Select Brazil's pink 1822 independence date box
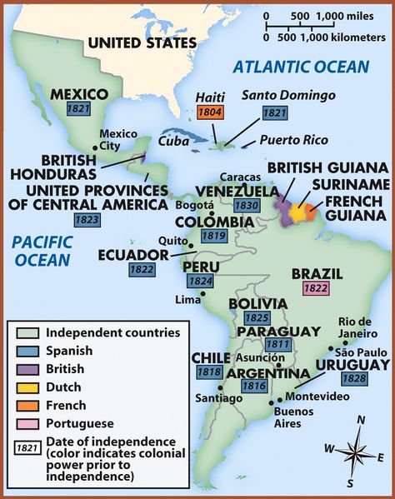coord(316,288)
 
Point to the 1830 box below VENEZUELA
coord(247,207)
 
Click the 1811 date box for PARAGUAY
coord(276,345)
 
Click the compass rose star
coord(357,452)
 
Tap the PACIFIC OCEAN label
coord(41,251)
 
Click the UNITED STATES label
coord(142,42)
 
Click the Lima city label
coord(188,299)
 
